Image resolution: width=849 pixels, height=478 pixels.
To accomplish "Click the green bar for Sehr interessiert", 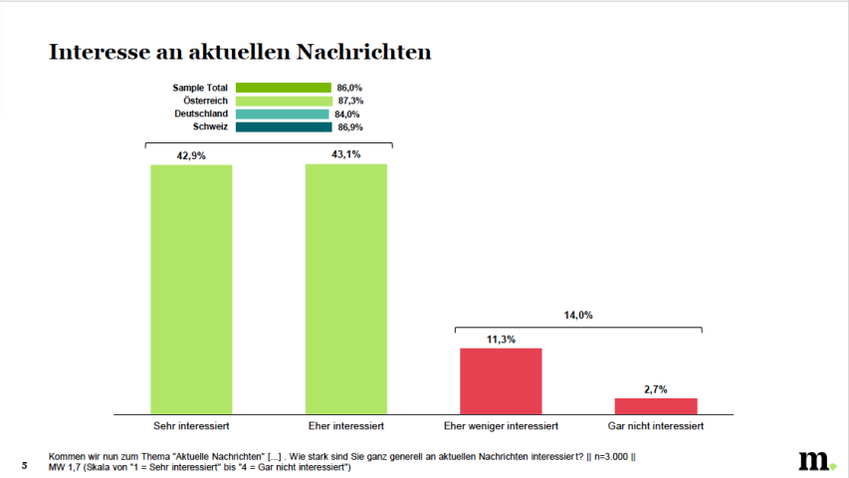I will (x=191, y=289).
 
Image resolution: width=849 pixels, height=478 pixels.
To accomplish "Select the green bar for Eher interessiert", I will (x=345, y=289).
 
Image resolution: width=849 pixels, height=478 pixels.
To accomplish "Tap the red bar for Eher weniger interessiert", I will (x=501, y=380).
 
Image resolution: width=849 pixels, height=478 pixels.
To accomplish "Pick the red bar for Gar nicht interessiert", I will (x=656, y=405).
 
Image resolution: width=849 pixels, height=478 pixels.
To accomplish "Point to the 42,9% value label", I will (x=191, y=155).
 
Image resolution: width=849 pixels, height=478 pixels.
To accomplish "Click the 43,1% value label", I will (x=345, y=154).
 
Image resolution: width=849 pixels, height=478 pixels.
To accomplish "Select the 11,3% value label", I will (x=501, y=339).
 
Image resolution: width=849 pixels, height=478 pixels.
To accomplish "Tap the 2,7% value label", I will (x=656, y=388).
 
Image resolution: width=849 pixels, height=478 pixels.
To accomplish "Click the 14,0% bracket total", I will (x=578, y=315).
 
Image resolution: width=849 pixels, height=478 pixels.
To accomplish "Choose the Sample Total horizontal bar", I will (x=284, y=88).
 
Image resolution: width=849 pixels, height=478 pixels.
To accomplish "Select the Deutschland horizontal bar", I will (x=283, y=114).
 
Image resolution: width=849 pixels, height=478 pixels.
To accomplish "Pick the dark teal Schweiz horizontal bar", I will (x=284, y=126).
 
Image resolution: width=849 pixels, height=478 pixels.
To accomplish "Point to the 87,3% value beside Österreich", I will (x=350, y=101).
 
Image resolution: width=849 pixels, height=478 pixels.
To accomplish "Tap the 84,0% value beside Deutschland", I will (x=349, y=114).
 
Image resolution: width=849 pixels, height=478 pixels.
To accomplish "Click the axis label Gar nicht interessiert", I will (x=656, y=426).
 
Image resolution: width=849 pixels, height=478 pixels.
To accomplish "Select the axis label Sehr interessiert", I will (x=191, y=426).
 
